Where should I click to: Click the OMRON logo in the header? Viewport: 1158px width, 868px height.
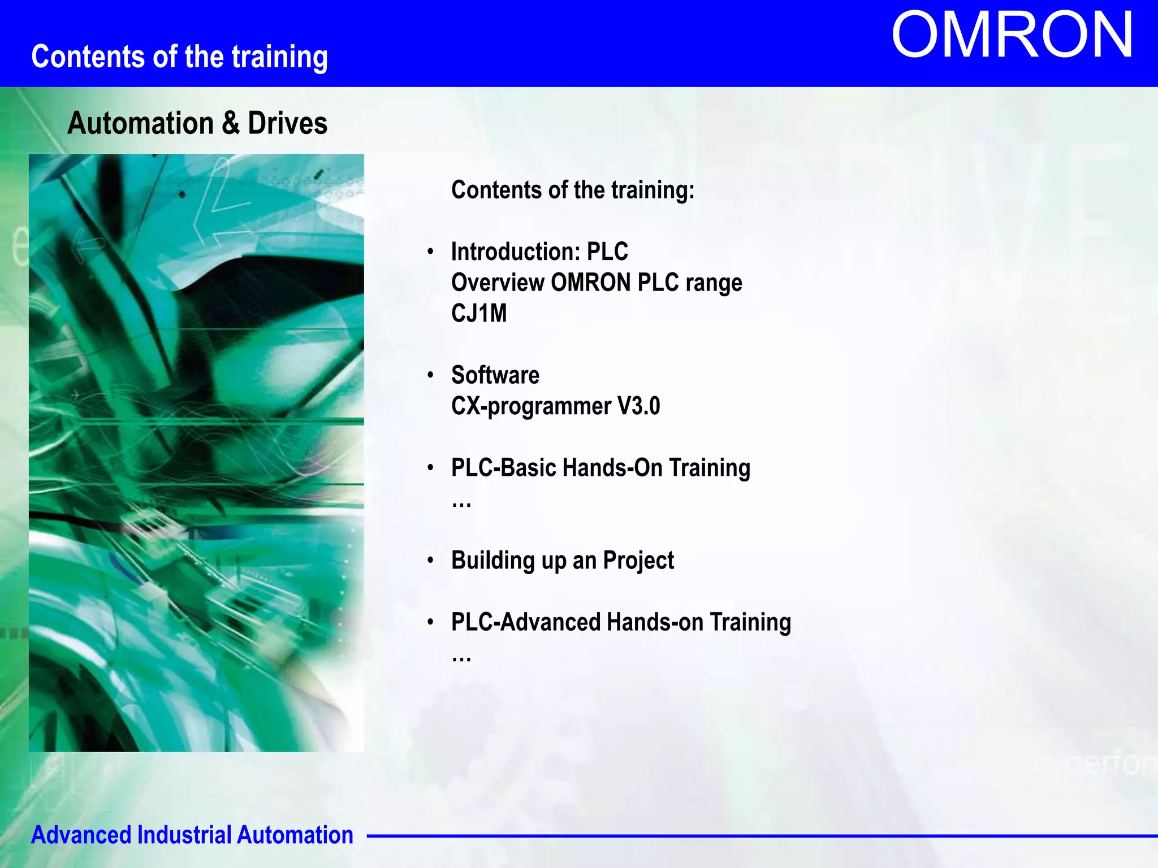pos(1012,36)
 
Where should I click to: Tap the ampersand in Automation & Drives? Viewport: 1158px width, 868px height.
pos(231,123)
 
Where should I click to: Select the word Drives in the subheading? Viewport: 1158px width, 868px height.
pos(287,123)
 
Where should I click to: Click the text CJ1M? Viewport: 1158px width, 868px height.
pos(479,314)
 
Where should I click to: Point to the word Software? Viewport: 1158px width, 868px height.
pos(495,375)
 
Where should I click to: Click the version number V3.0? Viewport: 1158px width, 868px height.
pos(638,406)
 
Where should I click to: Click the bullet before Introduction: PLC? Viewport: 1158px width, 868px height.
pos(430,251)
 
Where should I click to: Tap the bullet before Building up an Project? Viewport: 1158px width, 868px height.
pos(430,560)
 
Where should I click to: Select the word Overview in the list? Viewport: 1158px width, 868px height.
pos(498,283)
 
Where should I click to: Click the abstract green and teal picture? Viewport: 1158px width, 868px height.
pos(196,452)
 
